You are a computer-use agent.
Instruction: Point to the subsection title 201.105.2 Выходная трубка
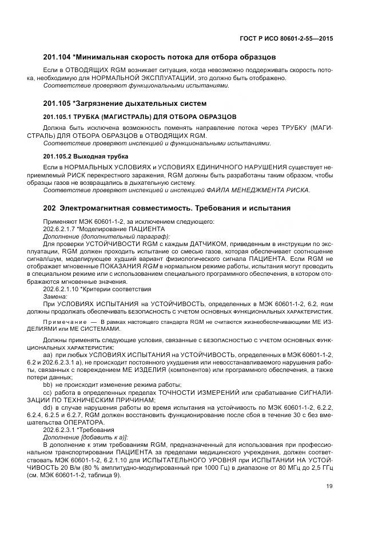click(x=86, y=156)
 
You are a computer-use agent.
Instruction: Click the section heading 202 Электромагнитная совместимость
click(x=167, y=208)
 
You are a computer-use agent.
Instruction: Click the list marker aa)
click(x=47, y=355)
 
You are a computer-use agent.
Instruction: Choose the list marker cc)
click(x=47, y=392)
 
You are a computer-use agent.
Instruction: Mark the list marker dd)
click(x=47, y=406)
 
